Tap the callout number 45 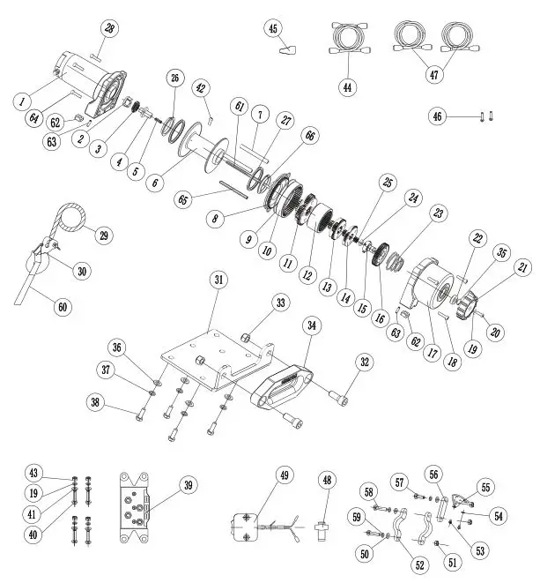click(274, 29)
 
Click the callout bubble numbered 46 click(438, 116)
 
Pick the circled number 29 click(104, 235)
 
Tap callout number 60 click(62, 307)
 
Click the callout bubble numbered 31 click(218, 280)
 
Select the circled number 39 click(188, 484)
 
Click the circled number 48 click(328, 481)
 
